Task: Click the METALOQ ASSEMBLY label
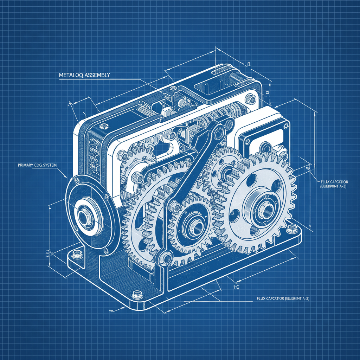(83, 75)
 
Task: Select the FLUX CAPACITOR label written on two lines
(334, 184)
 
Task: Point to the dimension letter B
(249, 64)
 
